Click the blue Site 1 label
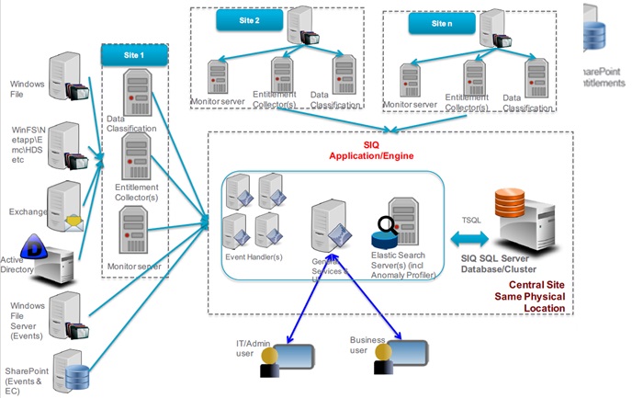135,55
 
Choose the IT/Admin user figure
268,360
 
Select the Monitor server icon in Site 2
218,77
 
